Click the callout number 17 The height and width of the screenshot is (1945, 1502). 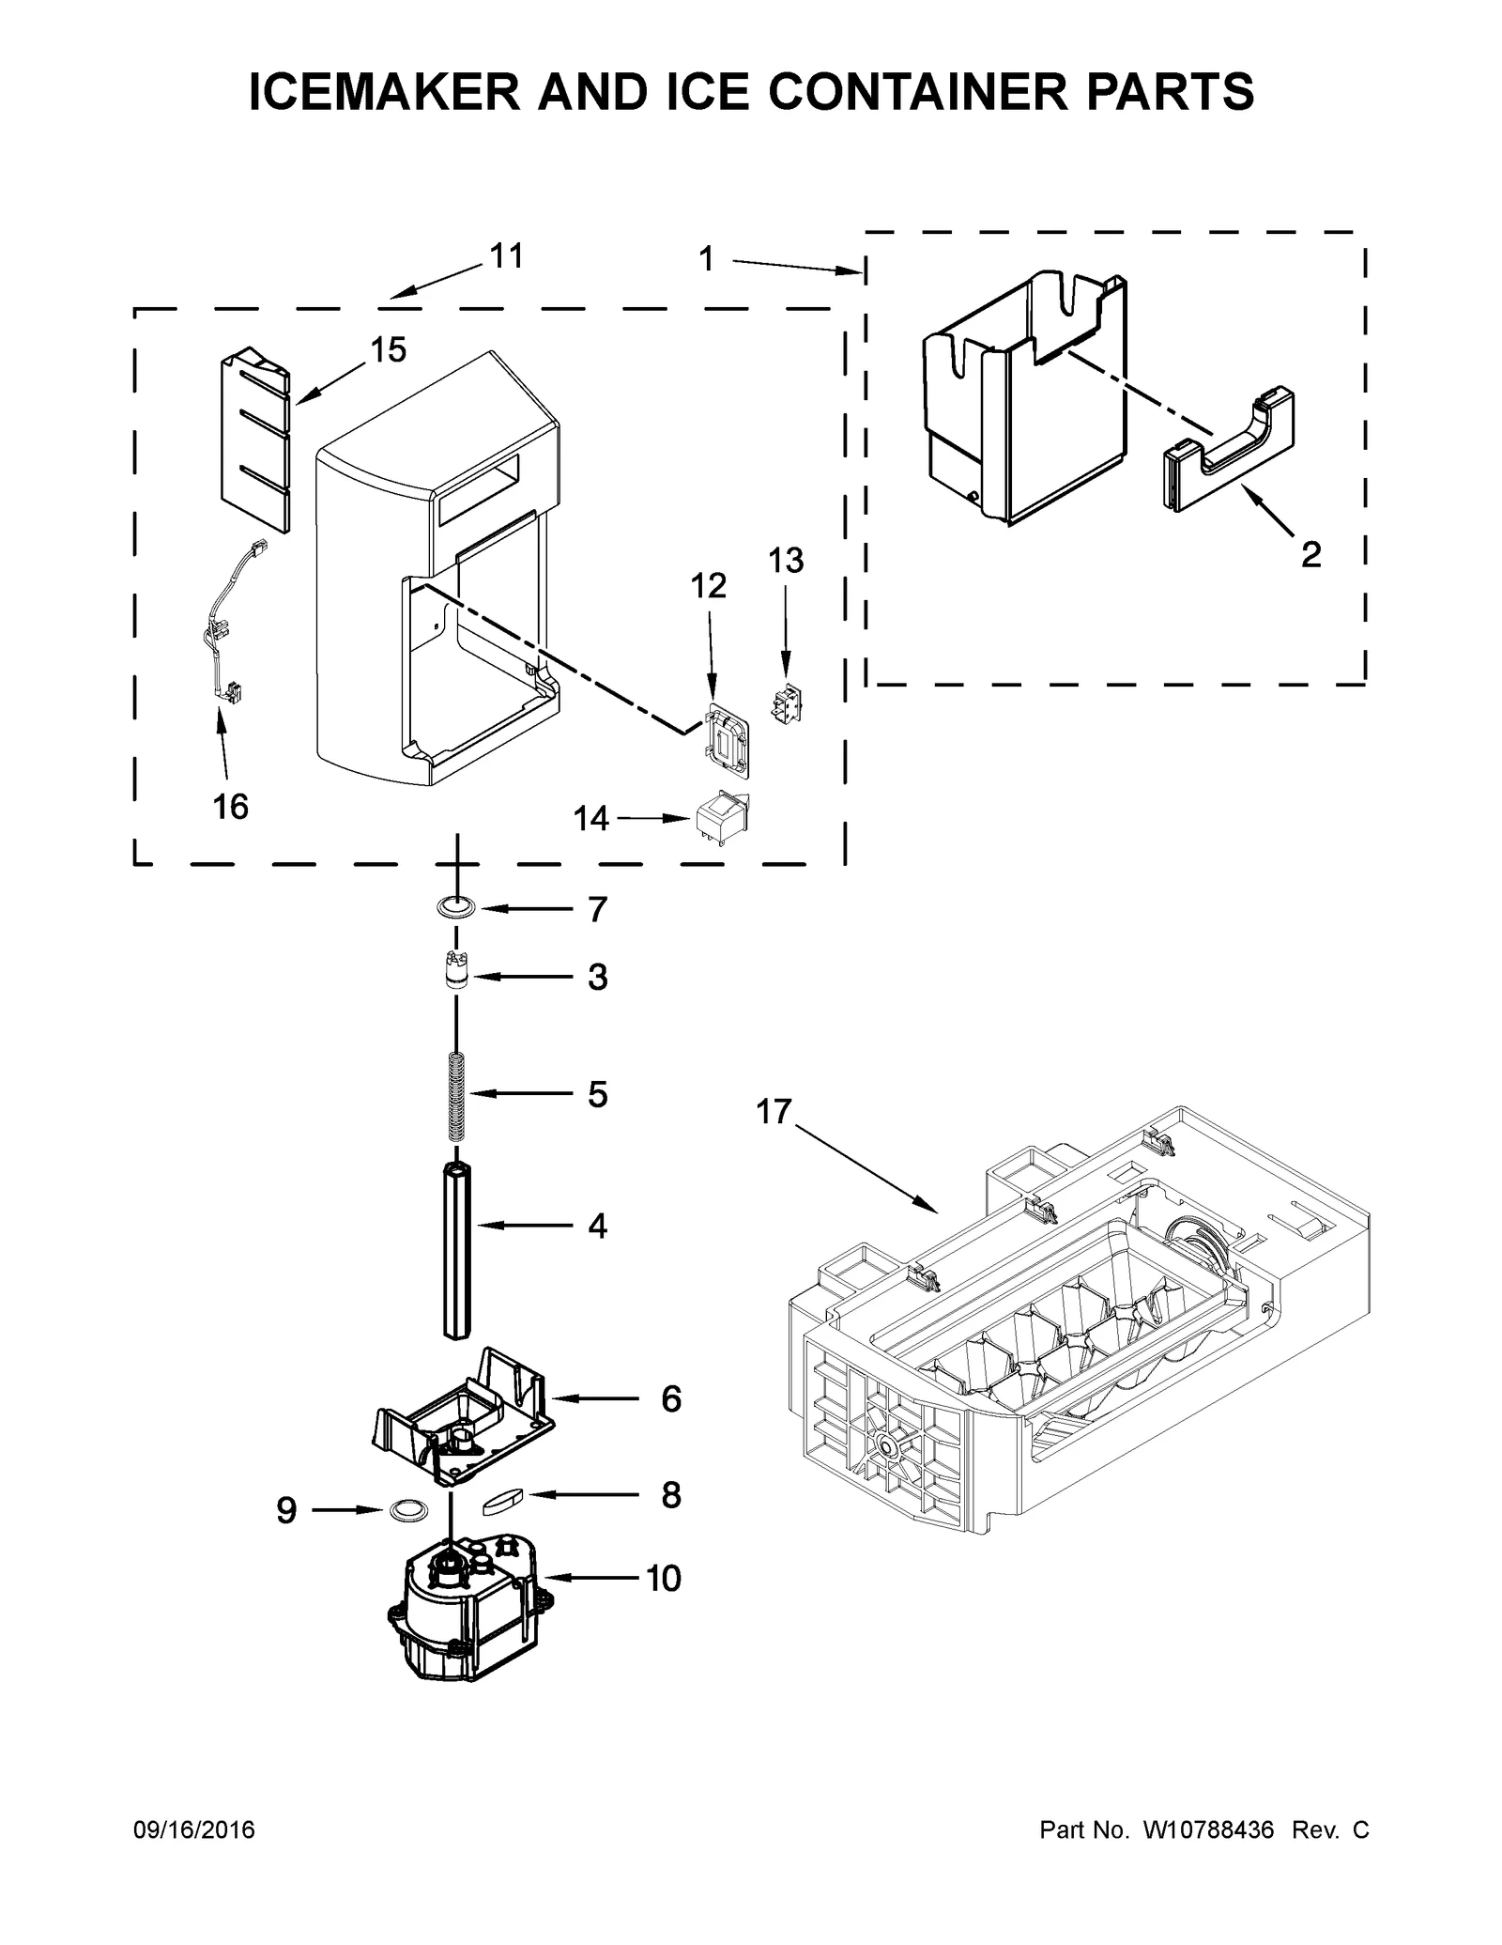point(774,1112)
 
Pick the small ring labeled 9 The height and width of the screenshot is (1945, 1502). point(406,1509)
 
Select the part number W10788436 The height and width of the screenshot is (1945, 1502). point(1207,1830)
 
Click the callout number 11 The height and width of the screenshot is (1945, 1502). point(507,255)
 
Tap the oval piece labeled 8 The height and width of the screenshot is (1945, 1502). point(505,1499)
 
